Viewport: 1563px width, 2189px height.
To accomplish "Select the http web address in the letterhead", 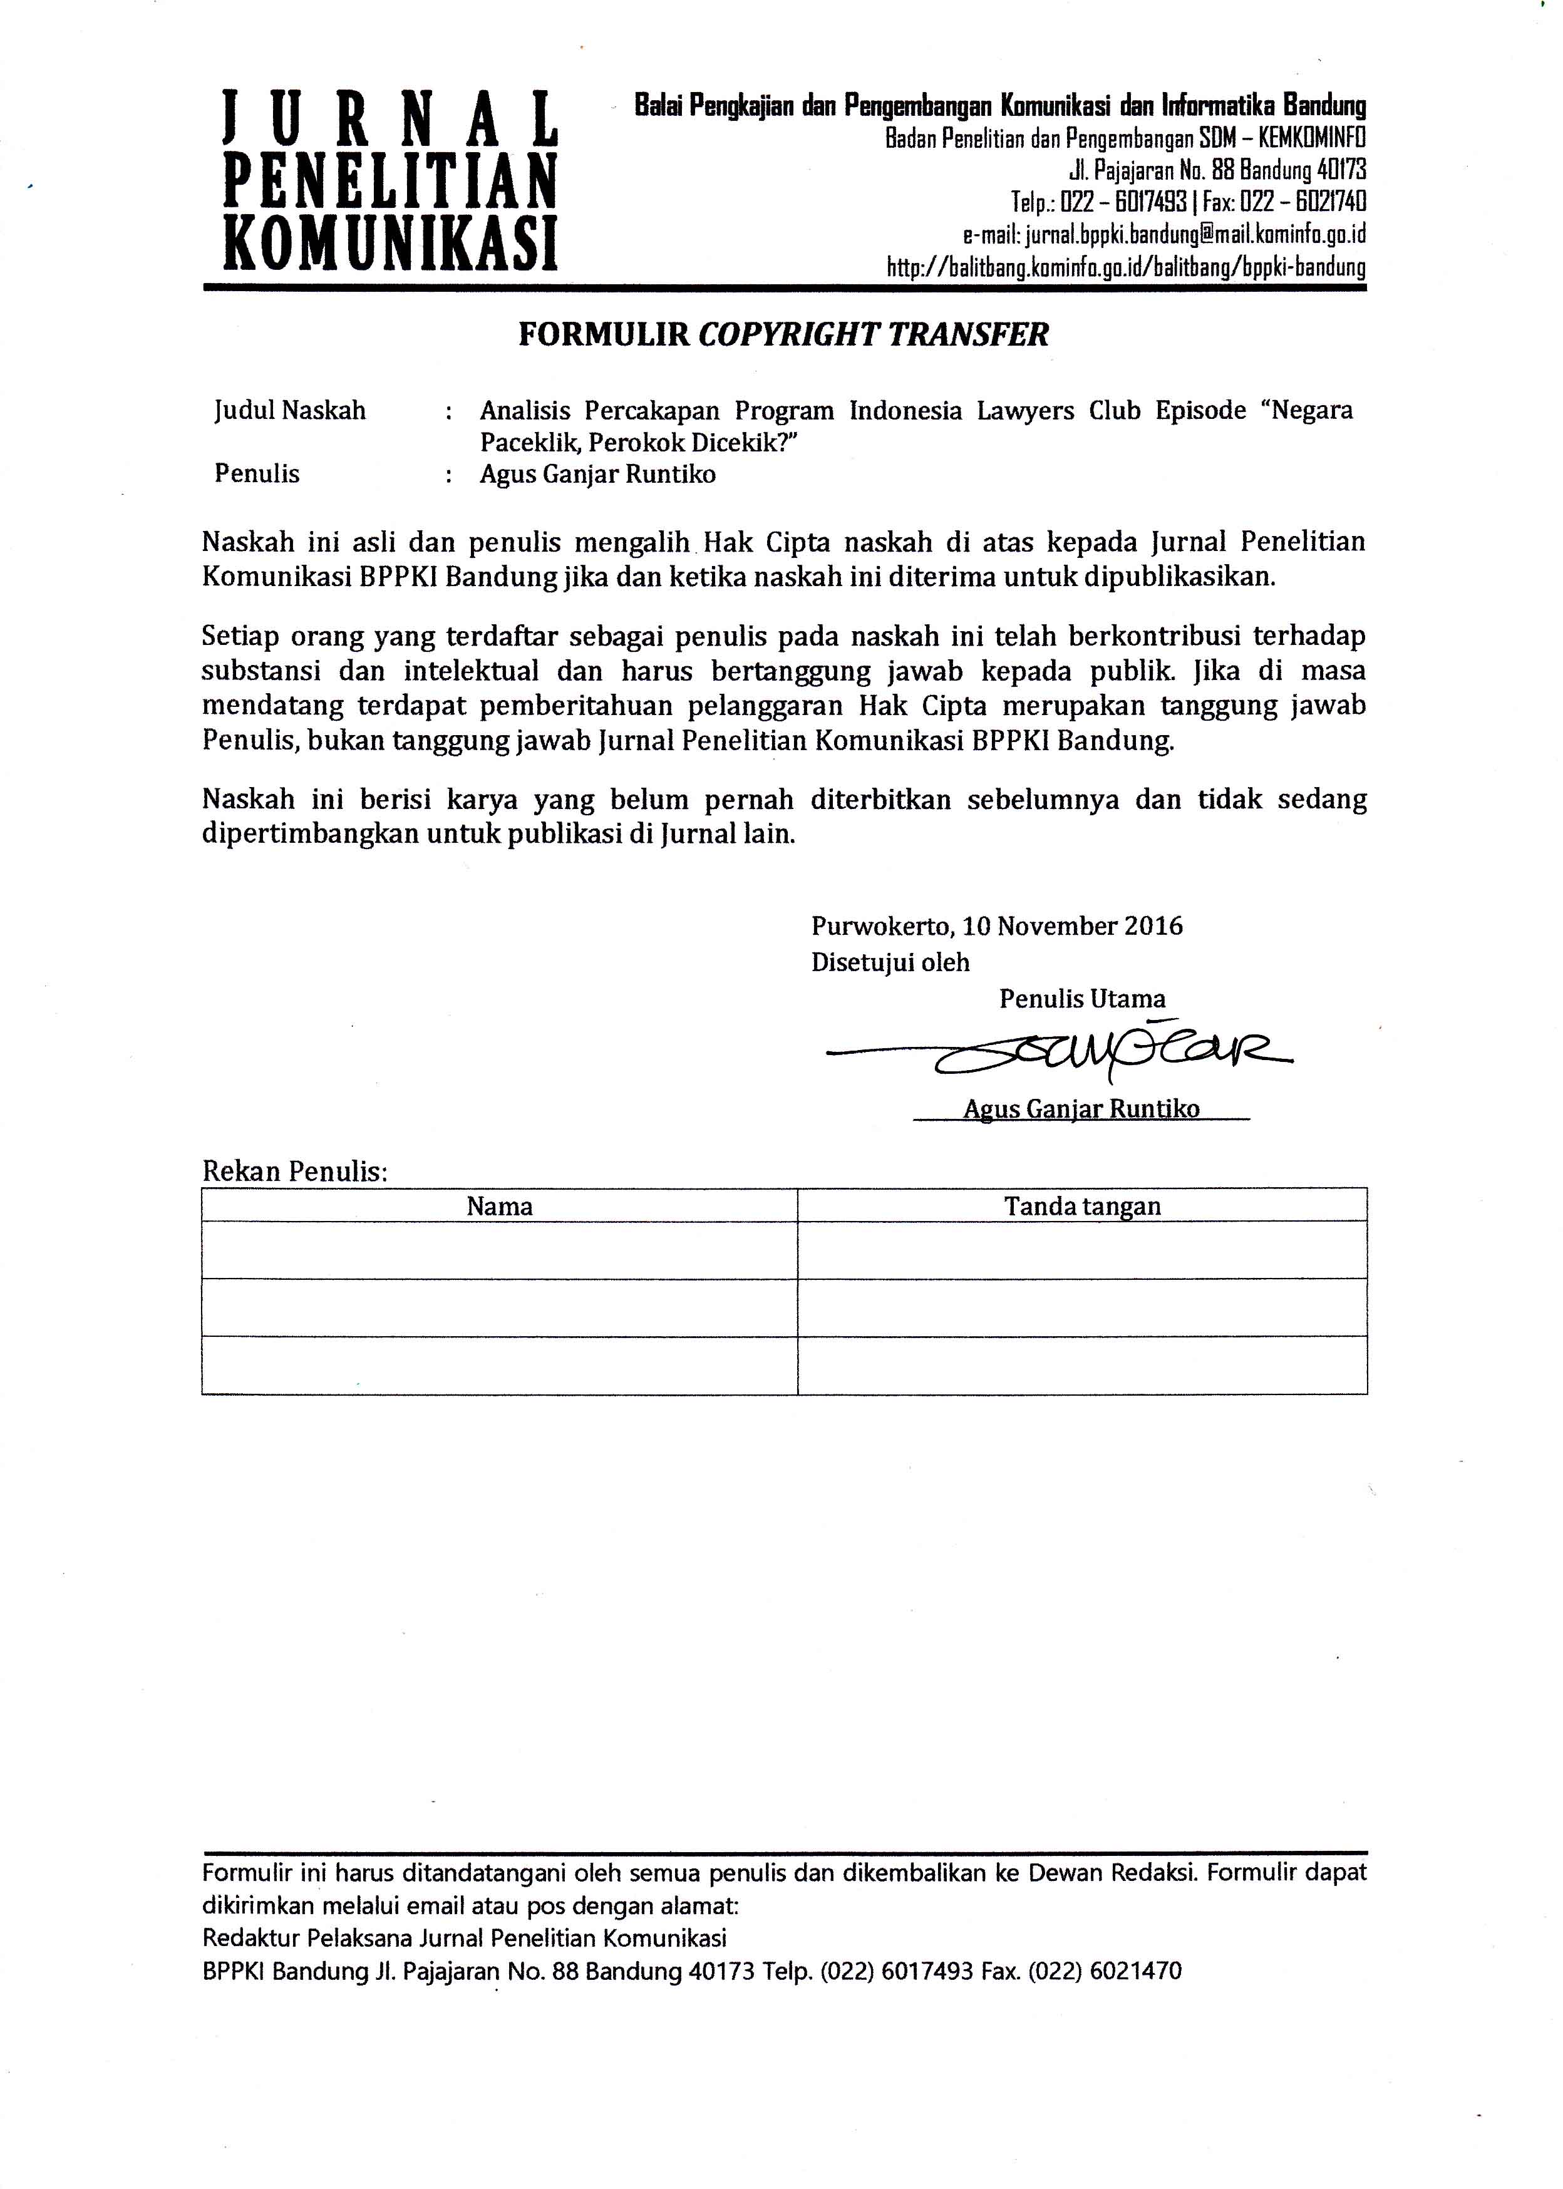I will [1125, 267].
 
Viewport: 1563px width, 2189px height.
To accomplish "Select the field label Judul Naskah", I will [290, 411].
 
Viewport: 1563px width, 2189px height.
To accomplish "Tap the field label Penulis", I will [257, 473].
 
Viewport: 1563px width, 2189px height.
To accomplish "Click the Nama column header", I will [500, 1207].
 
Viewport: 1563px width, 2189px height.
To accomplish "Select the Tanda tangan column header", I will [1082, 1207].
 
